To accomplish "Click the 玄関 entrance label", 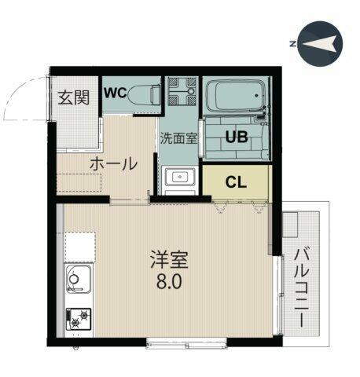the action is [x=74, y=97].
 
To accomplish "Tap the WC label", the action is [x=116, y=93].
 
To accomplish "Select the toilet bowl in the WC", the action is [x=145, y=93].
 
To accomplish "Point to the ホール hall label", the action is [x=113, y=164].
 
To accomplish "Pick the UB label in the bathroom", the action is [x=237, y=137].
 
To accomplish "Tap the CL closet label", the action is [x=236, y=182].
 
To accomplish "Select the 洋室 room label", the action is [x=169, y=259].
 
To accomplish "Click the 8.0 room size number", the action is [x=169, y=281].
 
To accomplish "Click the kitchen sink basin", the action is [x=79, y=279].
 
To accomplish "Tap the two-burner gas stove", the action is [x=79, y=319].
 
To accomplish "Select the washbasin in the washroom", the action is [x=180, y=177].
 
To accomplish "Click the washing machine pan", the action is [x=182, y=91].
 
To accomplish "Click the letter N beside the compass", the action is [x=293, y=44].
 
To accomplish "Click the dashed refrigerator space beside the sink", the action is [x=80, y=248].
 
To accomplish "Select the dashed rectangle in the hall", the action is [x=79, y=183].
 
